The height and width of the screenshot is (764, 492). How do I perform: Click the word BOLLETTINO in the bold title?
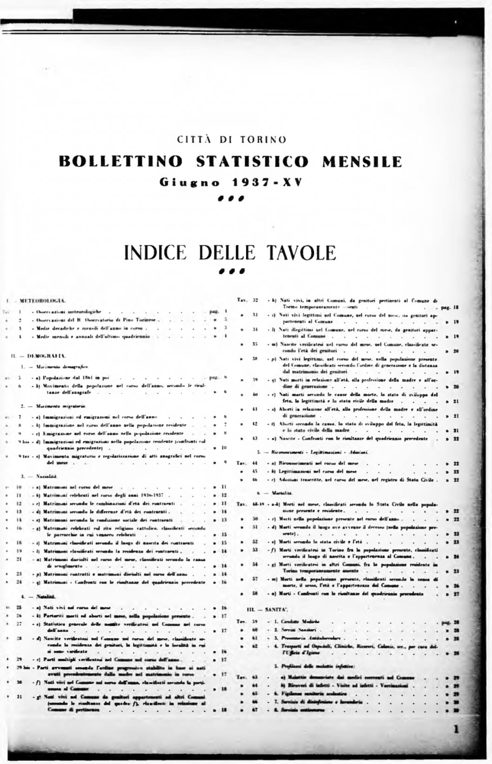[x=120, y=161]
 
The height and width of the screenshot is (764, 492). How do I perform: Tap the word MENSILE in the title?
[x=361, y=161]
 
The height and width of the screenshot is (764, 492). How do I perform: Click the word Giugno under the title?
[x=190, y=182]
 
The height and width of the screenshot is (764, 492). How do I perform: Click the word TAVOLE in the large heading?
[x=301, y=253]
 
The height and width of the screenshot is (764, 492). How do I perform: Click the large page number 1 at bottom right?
[x=456, y=729]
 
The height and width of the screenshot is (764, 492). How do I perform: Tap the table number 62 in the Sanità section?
[x=255, y=646]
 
